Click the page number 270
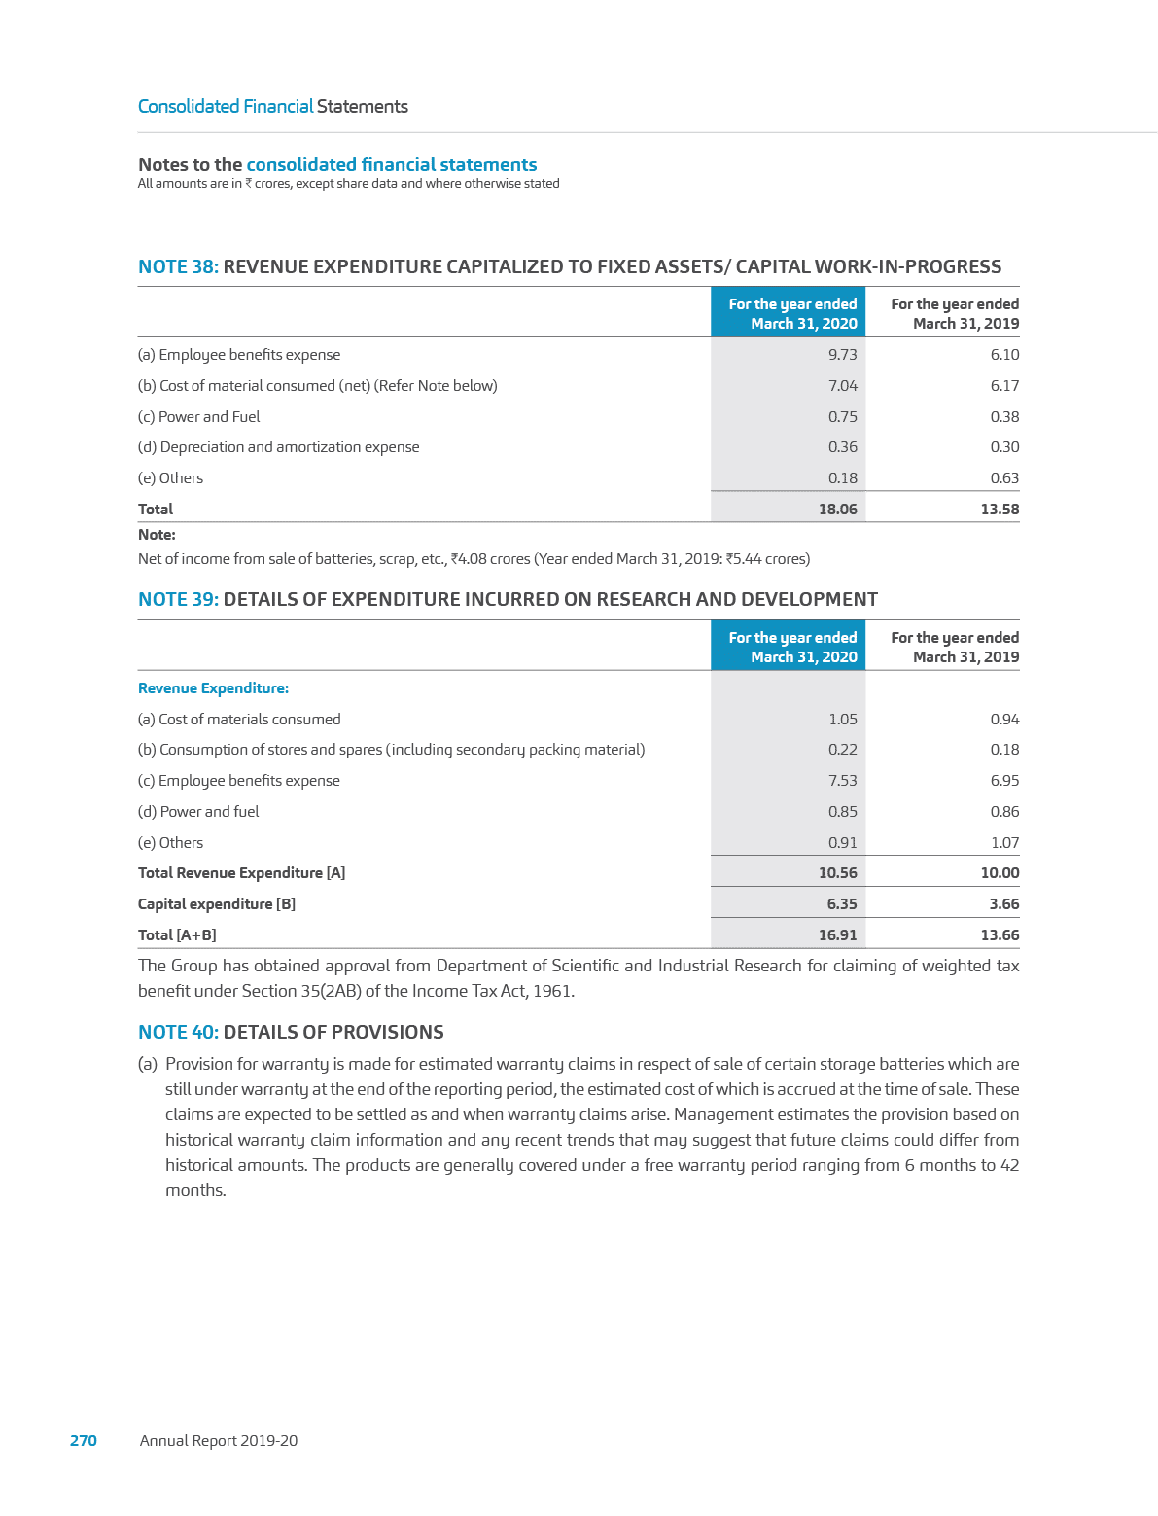pyautogui.click(x=84, y=1441)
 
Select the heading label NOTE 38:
pyautogui.click(x=178, y=266)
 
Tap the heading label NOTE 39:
pyautogui.click(x=178, y=599)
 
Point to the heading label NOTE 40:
pyautogui.click(x=178, y=1032)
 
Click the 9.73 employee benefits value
pyautogui.click(x=842, y=355)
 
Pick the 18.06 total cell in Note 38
pyautogui.click(x=837, y=509)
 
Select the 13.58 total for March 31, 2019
pyautogui.click(x=1000, y=509)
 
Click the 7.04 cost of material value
pyautogui.click(x=842, y=386)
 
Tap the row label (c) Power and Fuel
pyautogui.click(x=199, y=417)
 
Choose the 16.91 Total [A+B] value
pyautogui.click(x=837, y=935)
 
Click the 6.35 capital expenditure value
pyautogui.click(x=841, y=904)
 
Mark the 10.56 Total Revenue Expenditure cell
pyautogui.click(x=837, y=873)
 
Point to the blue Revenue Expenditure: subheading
pyautogui.click(x=213, y=688)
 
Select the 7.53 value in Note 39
pyautogui.click(x=842, y=781)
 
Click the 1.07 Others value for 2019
pyautogui.click(x=1004, y=843)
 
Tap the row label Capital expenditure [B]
pyautogui.click(x=217, y=904)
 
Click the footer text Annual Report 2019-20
pyautogui.click(x=219, y=1441)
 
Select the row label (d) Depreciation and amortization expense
pyautogui.click(x=278, y=447)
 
